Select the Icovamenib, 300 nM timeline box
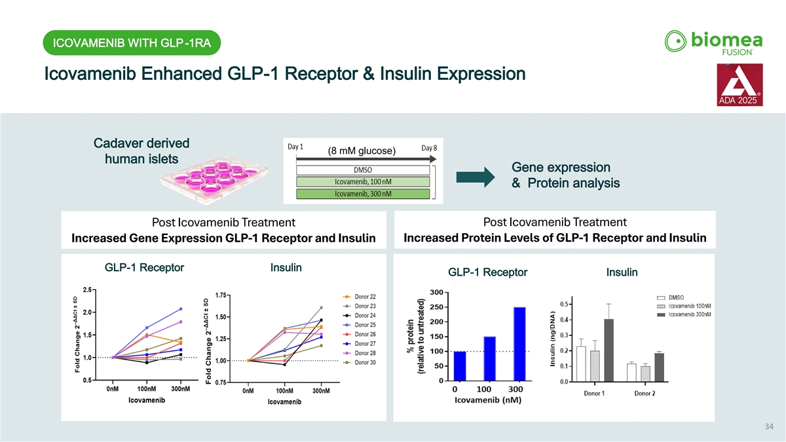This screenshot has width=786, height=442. (363, 193)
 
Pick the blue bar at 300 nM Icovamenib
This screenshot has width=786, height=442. (519, 343)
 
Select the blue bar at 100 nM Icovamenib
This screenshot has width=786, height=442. (490, 358)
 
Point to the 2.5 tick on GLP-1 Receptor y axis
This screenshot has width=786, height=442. (86, 289)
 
